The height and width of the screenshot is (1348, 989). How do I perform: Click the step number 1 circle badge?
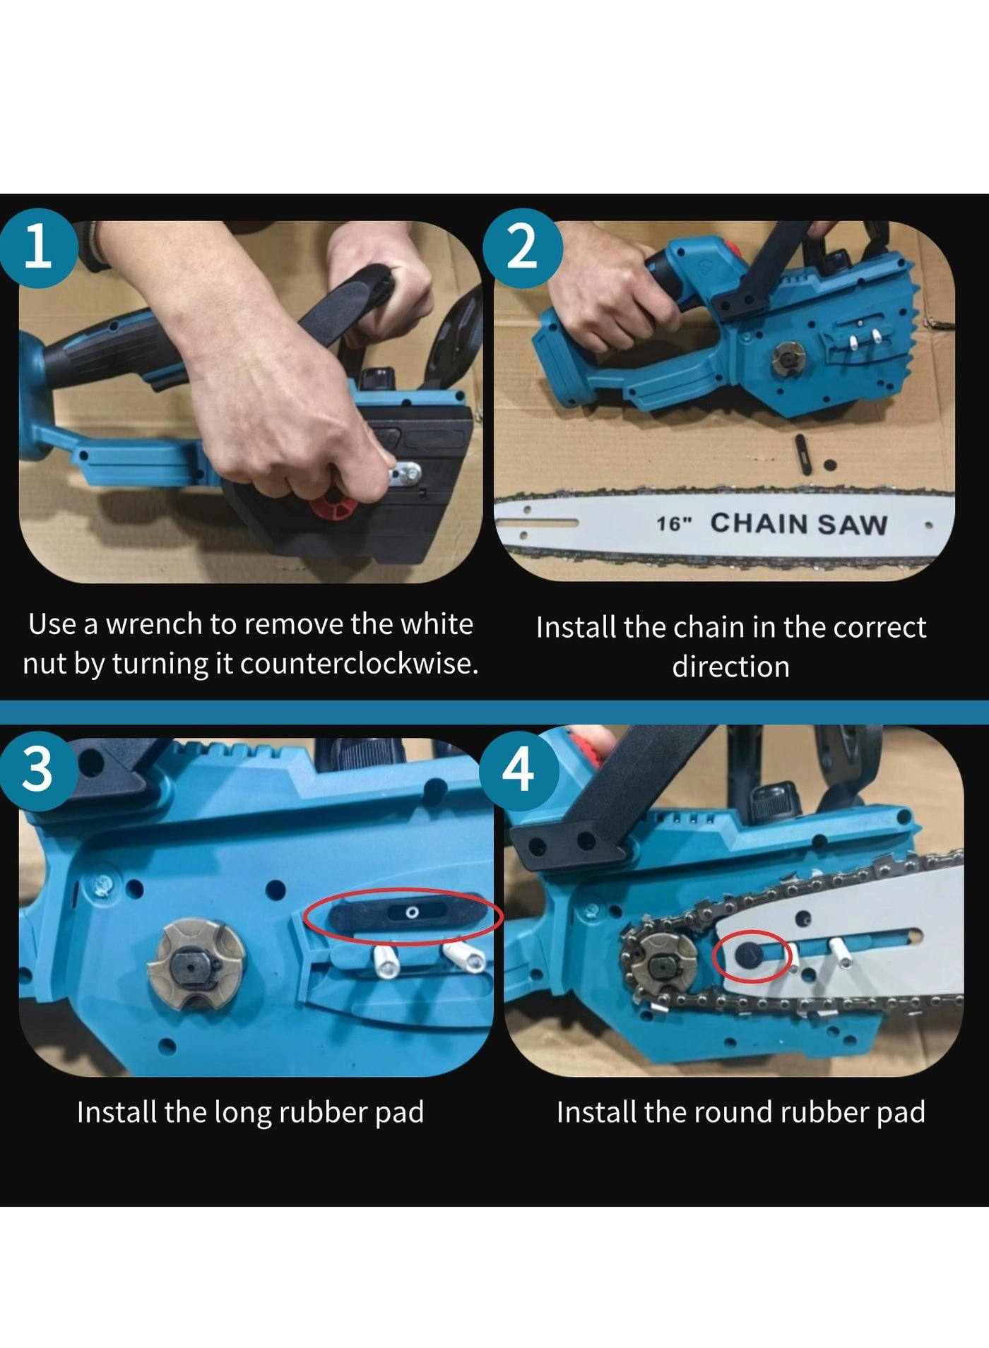pyautogui.click(x=37, y=248)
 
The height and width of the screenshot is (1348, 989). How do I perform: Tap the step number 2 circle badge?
pyautogui.click(x=523, y=248)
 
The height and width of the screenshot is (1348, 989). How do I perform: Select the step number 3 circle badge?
pyautogui.click(x=37, y=769)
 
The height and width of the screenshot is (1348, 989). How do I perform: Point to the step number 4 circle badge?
pyautogui.click(x=519, y=770)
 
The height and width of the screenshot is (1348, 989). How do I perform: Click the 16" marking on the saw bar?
pyautogui.click(x=675, y=524)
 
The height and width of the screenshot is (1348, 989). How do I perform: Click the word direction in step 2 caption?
pyautogui.click(x=730, y=666)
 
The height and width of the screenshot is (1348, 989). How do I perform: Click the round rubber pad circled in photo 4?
pyautogui.click(x=747, y=955)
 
